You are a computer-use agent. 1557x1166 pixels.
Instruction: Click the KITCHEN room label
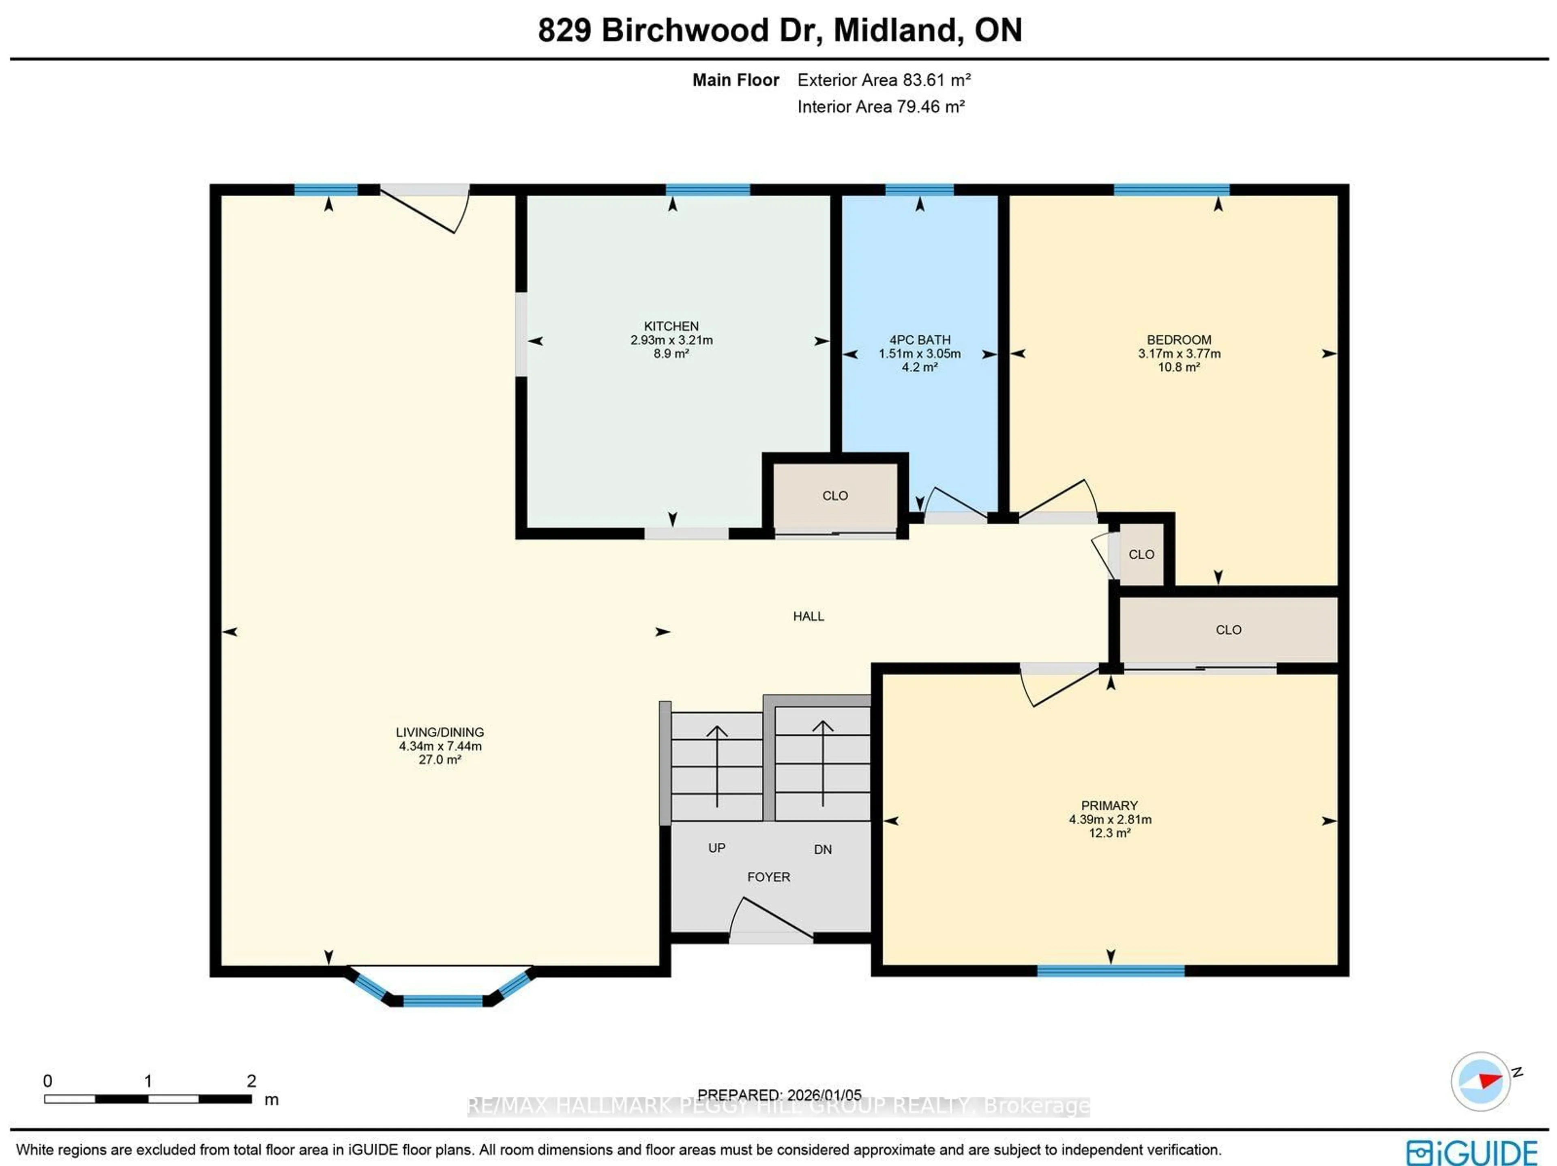[671, 326]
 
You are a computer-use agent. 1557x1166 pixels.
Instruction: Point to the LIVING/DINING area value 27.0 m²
[439, 760]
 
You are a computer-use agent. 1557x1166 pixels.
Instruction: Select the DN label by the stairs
[822, 850]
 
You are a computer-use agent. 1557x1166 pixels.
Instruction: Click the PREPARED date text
[779, 1095]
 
